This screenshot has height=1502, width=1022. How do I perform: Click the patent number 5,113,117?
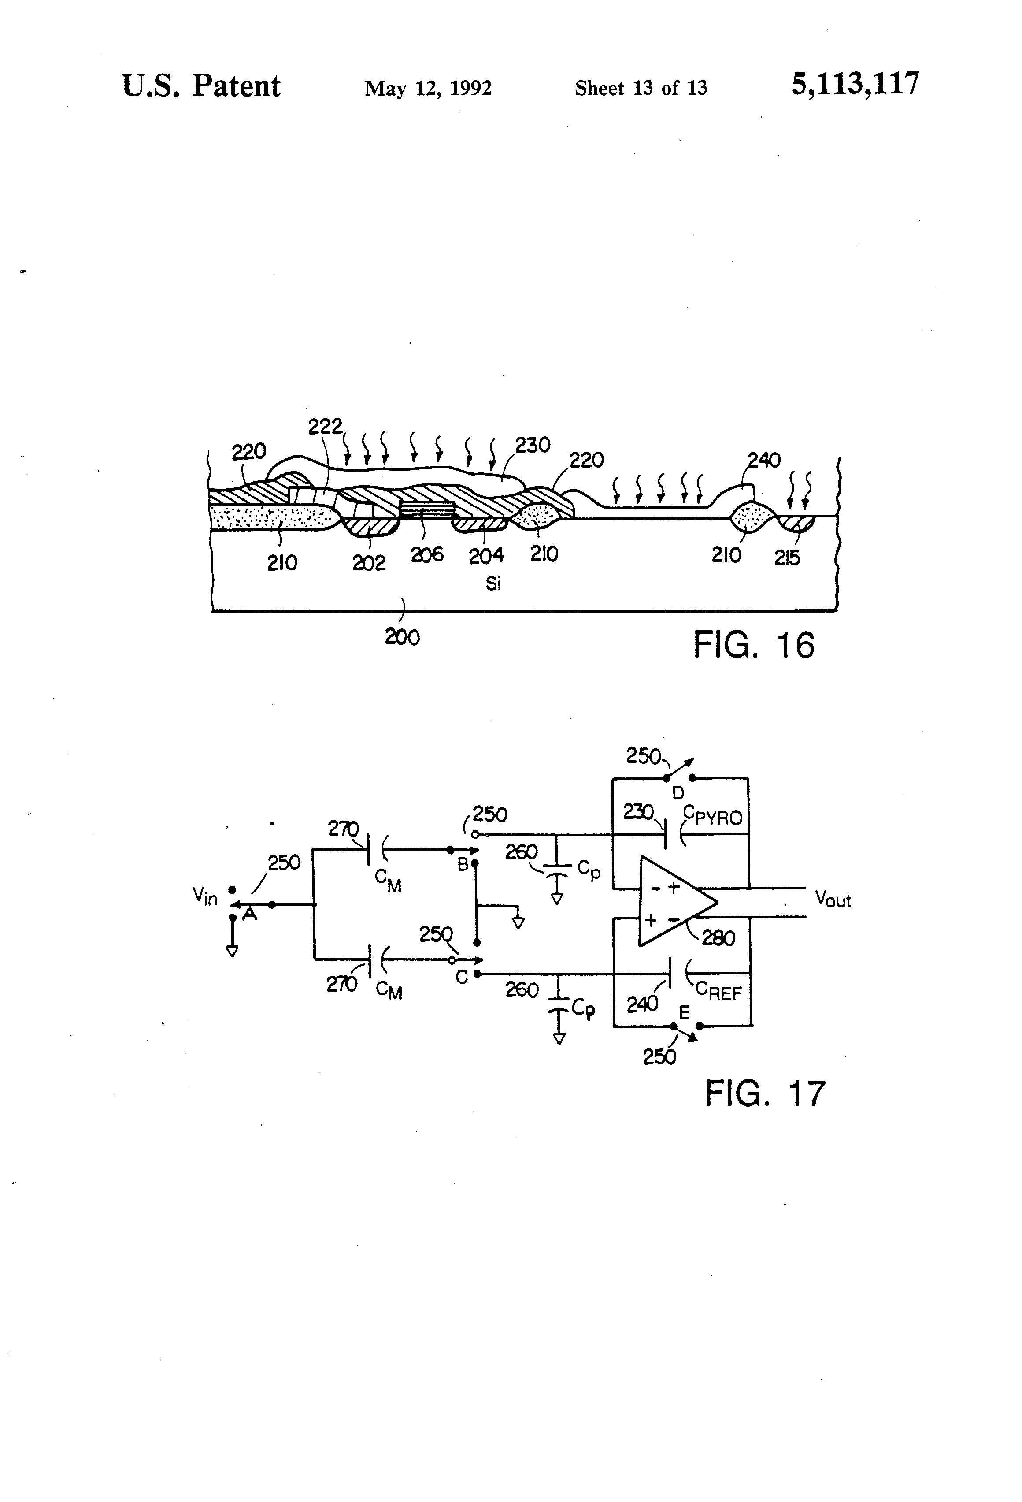[x=855, y=85]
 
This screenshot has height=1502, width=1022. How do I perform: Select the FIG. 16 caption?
[x=753, y=645]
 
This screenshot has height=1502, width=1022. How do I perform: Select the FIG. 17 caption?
[x=765, y=1093]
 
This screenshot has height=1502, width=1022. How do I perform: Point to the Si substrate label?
[x=493, y=584]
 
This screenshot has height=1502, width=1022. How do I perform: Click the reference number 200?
[x=402, y=637]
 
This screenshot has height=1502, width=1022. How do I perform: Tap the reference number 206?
[x=427, y=554]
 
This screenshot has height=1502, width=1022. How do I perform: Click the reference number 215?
[x=787, y=558]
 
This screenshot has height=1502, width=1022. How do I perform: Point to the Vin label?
[x=205, y=896]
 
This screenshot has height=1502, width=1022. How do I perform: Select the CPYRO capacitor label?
[x=713, y=817]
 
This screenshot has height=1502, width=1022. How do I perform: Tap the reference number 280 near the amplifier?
[x=718, y=938]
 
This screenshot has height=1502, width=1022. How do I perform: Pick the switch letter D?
[x=678, y=793]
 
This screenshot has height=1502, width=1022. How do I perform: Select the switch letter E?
[x=684, y=1012]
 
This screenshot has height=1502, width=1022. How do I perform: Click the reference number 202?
[x=368, y=563]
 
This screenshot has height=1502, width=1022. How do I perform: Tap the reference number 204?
[x=486, y=555]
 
